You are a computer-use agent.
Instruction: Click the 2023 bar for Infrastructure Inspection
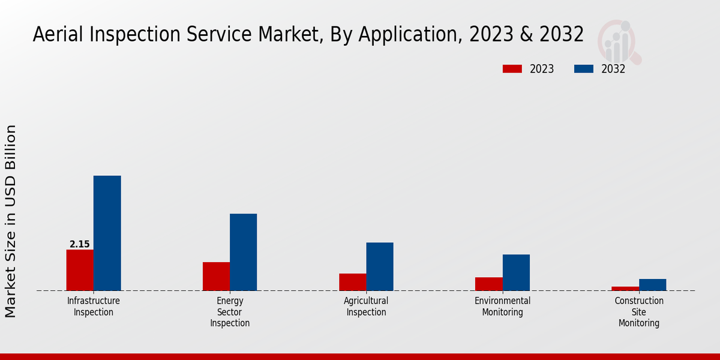coord(80,270)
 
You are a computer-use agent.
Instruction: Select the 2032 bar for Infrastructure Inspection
coord(107,233)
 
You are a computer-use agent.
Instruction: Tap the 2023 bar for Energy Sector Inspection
coord(216,277)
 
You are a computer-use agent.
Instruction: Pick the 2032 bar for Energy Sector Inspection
coord(243,252)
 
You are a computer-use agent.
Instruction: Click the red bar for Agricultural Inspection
coord(353,282)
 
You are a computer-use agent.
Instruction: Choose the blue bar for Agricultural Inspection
coord(380,266)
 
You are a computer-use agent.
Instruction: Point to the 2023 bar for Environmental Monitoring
coord(489,284)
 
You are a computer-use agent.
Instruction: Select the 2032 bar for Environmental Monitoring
coord(516,272)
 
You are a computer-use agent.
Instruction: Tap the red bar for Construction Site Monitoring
coord(625,289)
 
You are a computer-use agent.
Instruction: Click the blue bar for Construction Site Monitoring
coord(652,285)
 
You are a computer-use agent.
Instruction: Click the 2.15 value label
coord(80,244)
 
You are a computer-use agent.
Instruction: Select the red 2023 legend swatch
coord(512,69)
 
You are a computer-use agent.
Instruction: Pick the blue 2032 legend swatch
coord(583,69)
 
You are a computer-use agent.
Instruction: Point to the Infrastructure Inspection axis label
coord(94,307)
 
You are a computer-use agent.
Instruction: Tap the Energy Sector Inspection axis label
coord(230,312)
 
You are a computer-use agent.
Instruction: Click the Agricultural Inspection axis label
coord(366,307)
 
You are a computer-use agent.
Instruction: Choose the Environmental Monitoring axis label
coord(503,307)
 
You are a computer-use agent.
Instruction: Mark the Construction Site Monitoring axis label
coord(639,312)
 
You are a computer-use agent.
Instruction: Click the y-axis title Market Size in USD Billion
coord(11,221)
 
